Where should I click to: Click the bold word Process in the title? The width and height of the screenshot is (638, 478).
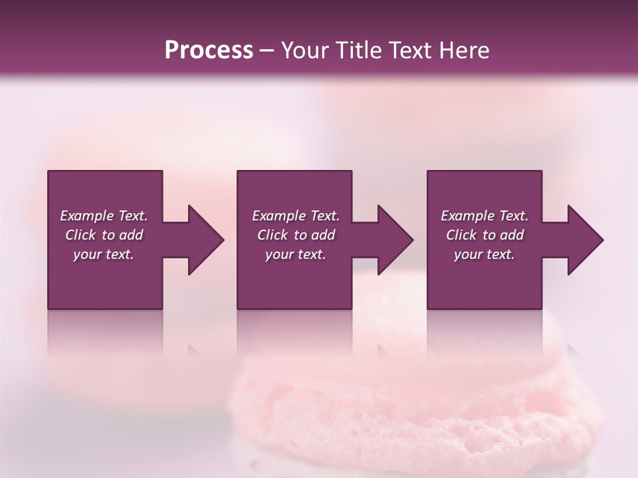click(209, 50)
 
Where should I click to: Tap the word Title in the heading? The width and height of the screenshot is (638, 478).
click(360, 50)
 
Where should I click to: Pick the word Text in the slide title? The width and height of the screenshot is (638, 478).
click(410, 50)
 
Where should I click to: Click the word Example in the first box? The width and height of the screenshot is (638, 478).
click(87, 216)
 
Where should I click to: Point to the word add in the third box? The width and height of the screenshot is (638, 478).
click(512, 235)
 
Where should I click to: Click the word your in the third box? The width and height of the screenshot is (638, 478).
click(469, 255)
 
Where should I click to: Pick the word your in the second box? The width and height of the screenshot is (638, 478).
click(280, 255)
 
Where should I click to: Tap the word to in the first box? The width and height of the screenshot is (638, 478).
click(108, 235)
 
